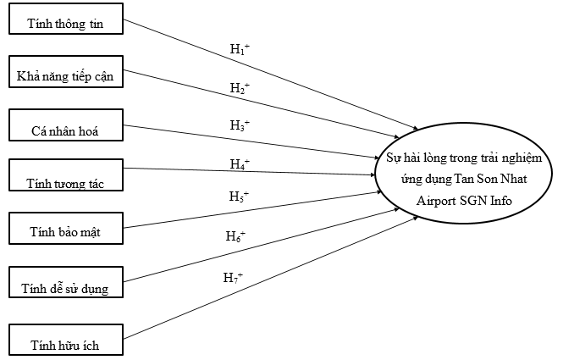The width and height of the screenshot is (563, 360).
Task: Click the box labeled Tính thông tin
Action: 65,23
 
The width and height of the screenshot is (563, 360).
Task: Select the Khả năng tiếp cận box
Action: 65,75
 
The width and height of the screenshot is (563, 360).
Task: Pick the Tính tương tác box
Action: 65,178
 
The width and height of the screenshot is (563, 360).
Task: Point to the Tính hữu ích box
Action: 65,342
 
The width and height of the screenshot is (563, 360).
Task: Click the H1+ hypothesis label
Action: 240,49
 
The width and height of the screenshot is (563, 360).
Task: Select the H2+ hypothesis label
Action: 240,88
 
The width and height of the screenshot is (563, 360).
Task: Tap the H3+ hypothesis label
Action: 240,125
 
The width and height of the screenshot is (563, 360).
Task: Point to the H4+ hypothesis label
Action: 240,163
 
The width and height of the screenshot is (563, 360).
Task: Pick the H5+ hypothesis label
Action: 240,196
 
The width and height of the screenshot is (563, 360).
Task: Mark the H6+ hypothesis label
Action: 235,236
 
